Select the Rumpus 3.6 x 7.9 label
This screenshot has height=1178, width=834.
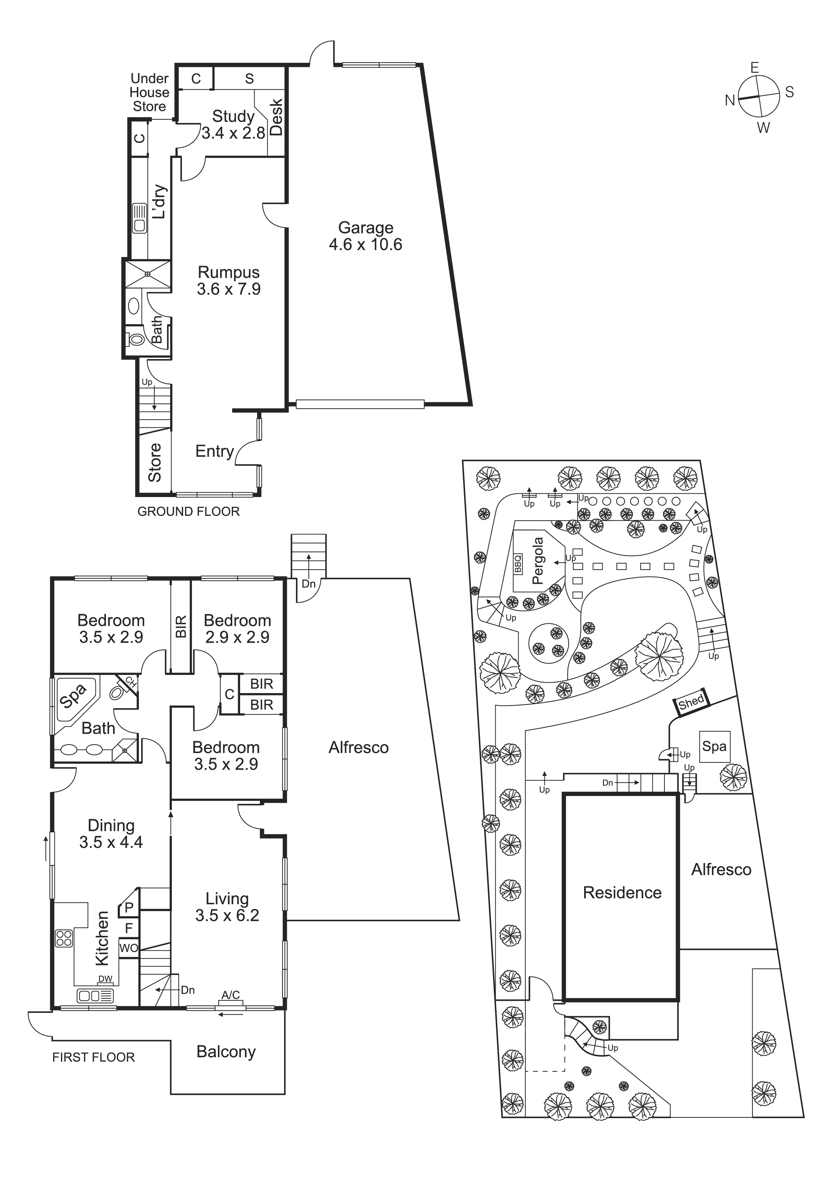coord(229,280)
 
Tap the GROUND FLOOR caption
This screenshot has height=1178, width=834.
coord(188,511)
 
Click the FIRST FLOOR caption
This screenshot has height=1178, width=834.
coord(93,1057)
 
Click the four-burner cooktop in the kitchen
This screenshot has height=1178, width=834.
coord(64,939)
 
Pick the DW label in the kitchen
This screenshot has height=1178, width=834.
coord(105,979)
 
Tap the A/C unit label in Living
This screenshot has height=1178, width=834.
coord(231,995)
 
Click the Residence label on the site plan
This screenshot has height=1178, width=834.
coord(622,892)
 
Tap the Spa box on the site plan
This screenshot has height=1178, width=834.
coord(714,746)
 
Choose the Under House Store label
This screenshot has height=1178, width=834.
coord(149,92)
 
